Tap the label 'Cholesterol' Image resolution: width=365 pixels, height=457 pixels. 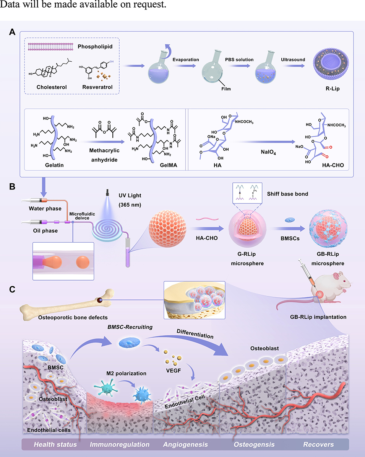coord(52,87)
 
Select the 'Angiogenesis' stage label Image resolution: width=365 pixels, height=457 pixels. coord(185,445)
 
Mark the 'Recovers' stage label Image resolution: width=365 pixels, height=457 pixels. coord(318,445)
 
